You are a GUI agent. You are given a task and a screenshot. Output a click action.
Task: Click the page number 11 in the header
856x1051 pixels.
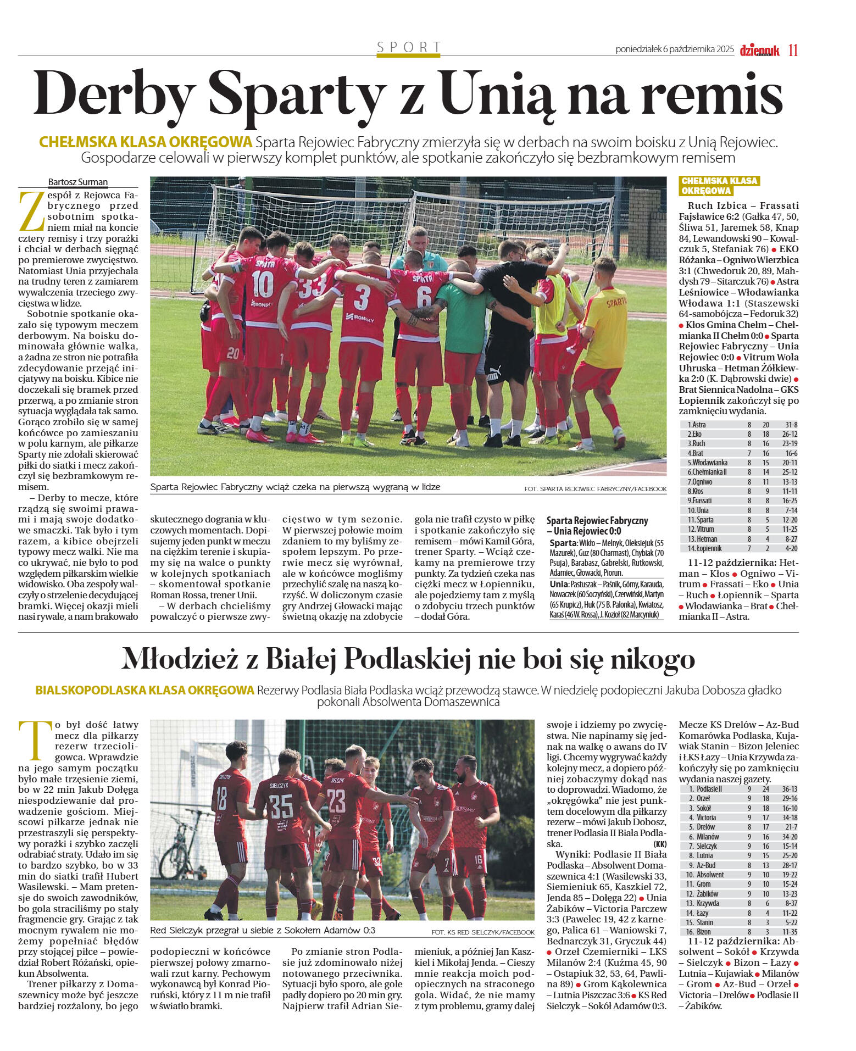click(x=793, y=50)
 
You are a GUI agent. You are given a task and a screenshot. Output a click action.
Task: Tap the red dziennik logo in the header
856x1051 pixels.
click(x=759, y=51)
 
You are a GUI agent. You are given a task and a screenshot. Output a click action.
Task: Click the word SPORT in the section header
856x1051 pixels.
click(x=409, y=47)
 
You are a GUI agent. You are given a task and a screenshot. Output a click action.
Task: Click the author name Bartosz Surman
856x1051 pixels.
click(x=78, y=182)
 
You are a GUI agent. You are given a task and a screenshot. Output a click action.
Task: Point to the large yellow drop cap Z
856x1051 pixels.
click(x=31, y=211)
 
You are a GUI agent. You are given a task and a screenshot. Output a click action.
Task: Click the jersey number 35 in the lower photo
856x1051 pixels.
click(x=281, y=806)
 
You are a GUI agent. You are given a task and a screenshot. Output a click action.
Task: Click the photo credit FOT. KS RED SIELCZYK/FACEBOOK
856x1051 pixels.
click(x=482, y=932)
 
